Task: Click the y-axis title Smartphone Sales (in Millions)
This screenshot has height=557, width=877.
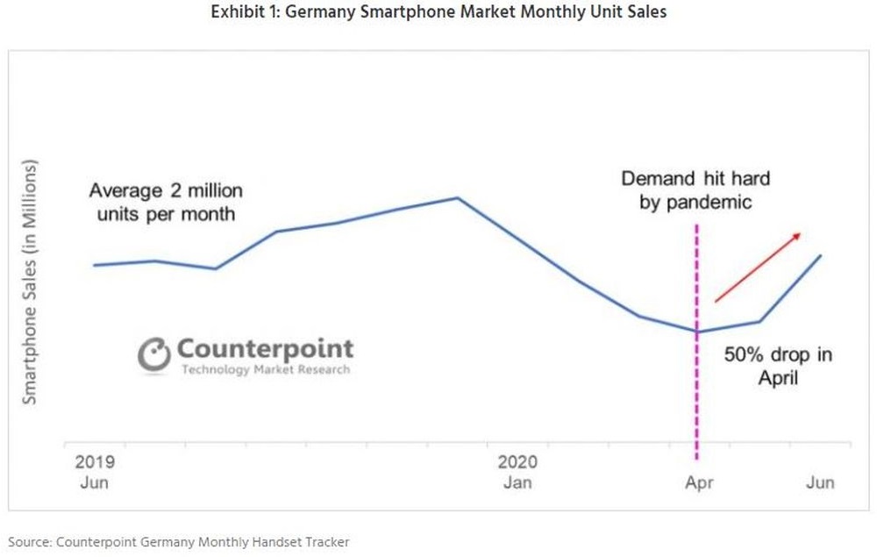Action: tap(31, 282)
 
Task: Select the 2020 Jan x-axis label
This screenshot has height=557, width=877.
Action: tap(517, 472)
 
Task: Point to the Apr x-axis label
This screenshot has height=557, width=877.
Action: tap(699, 482)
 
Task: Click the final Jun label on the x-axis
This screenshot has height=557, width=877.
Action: tap(820, 482)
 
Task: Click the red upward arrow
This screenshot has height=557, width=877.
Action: tap(758, 267)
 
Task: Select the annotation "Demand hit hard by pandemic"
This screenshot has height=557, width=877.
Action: tap(695, 190)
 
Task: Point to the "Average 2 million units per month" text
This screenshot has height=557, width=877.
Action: tap(167, 201)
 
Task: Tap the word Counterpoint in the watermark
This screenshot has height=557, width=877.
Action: tap(265, 348)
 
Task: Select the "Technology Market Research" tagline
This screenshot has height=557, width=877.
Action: tap(265, 369)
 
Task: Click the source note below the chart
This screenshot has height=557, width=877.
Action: tap(179, 542)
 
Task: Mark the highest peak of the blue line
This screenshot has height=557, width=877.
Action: tap(457, 197)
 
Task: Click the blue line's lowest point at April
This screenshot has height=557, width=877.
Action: tap(696, 332)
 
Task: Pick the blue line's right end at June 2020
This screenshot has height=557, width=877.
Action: tap(821, 255)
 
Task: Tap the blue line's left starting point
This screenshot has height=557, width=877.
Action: tap(94, 265)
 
